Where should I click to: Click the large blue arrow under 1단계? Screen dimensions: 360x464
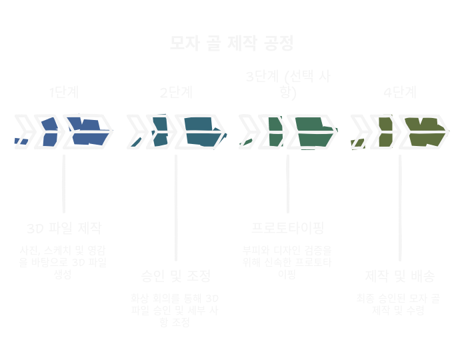tap(88, 131)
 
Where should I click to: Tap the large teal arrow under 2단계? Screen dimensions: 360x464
tap(200, 131)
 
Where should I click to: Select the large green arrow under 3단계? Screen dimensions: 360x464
tap(312, 131)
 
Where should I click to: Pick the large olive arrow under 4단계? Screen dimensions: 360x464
tap(424, 131)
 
